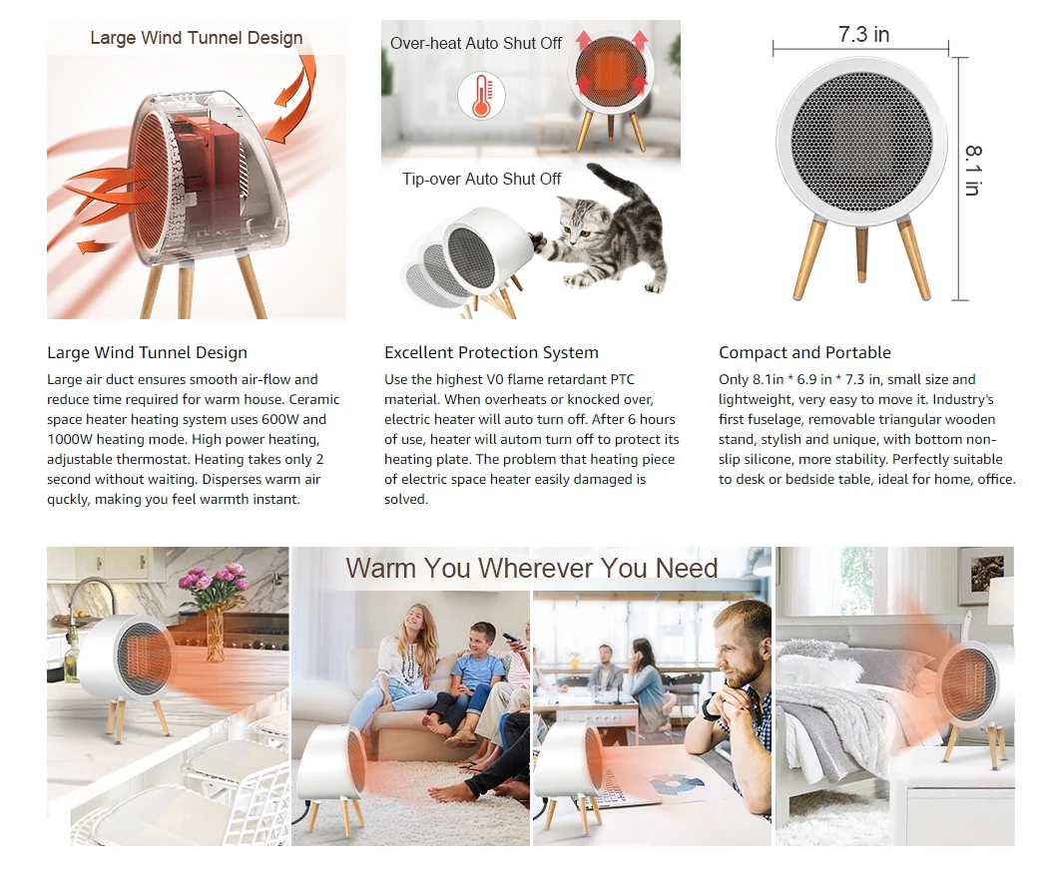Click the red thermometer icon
pyautogui.click(x=481, y=95)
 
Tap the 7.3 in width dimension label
pyautogui.click(x=864, y=34)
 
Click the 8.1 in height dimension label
pyautogui.click(x=972, y=170)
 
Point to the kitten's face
pyautogui.click(x=578, y=221)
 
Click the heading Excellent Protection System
pyautogui.click(x=491, y=352)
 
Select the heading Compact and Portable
pyautogui.click(x=805, y=352)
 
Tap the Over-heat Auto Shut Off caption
pyautogui.click(x=475, y=44)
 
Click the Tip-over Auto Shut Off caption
pyautogui.click(x=481, y=180)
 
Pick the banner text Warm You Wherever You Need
pyautogui.click(x=531, y=569)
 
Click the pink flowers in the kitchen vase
pyautogui.click(x=214, y=583)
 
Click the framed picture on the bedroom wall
pyautogui.click(x=985, y=577)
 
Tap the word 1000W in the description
pyautogui.click(x=70, y=439)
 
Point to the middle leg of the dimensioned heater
pyautogui.click(x=862, y=254)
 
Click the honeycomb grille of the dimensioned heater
pyautogui.click(x=862, y=143)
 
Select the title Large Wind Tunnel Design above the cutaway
pyautogui.click(x=197, y=38)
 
